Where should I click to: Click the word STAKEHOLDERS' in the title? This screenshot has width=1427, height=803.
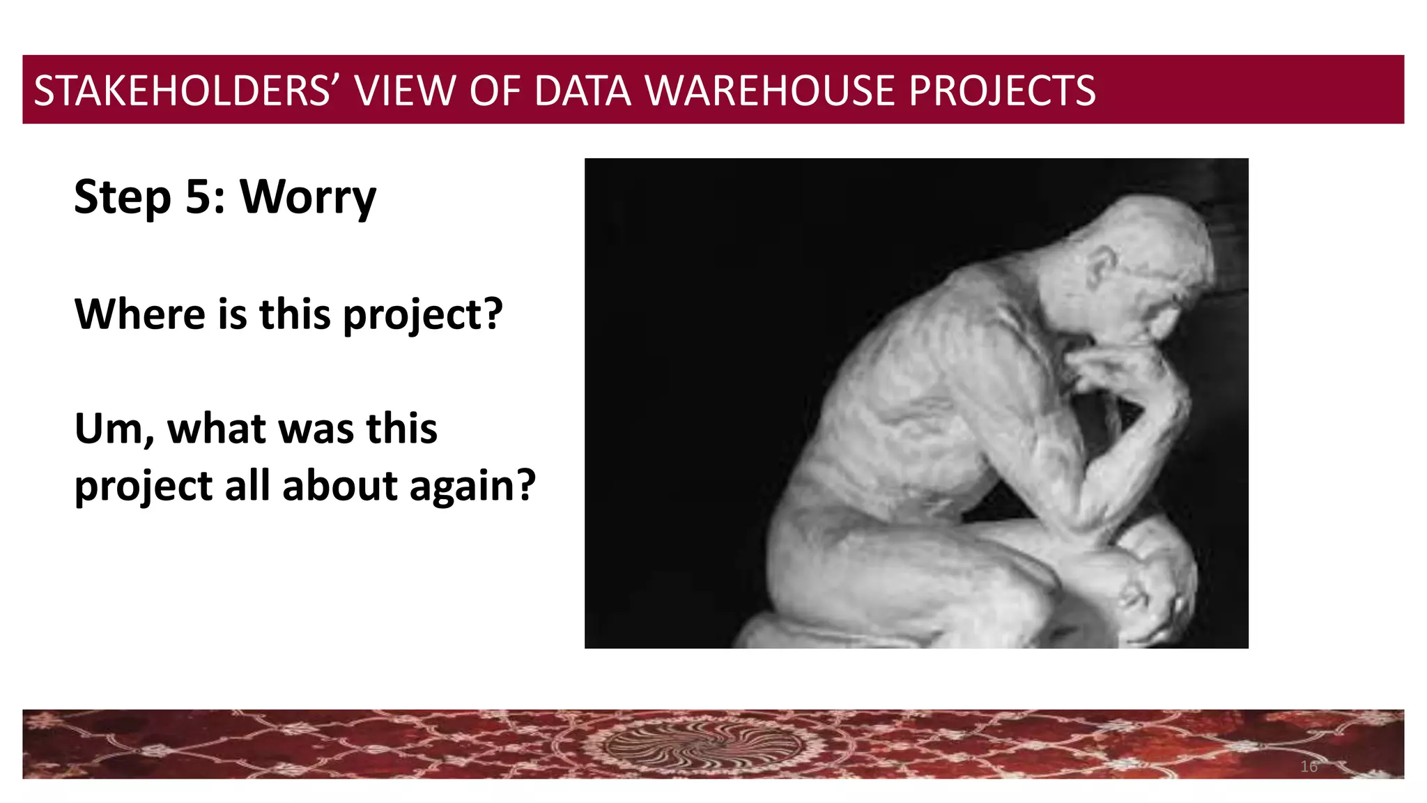[182, 91]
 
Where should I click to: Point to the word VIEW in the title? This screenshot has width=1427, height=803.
[405, 91]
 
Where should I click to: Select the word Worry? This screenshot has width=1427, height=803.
[308, 198]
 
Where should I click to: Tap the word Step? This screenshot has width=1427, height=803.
[122, 198]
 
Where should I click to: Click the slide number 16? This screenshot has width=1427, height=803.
[1309, 767]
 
